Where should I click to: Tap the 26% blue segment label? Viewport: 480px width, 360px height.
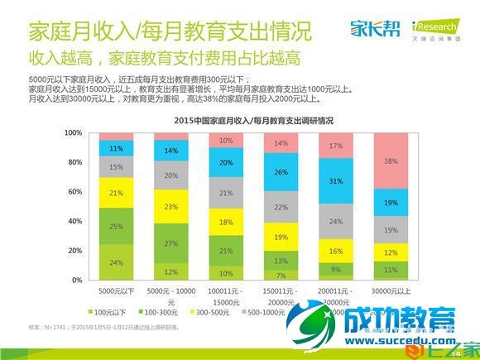pos(281,172)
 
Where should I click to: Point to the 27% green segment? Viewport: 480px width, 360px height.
pos(170,243)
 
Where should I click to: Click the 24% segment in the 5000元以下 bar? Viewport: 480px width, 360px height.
pos(116,262)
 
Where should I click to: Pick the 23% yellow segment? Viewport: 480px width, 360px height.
pos(170,207)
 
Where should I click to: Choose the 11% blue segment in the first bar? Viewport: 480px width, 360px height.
pos(116,149)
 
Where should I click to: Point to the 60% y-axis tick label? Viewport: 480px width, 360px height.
pos(74,192)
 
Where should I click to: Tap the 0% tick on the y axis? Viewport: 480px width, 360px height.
pos(76,281)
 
